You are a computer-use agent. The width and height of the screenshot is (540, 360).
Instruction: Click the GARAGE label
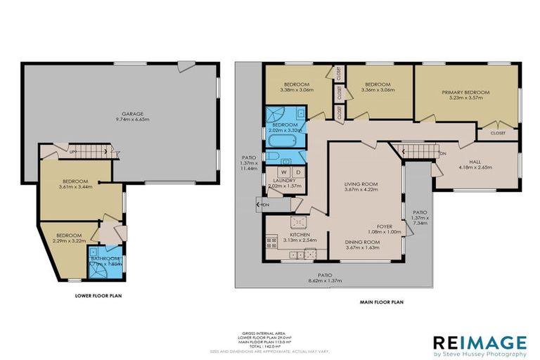coord(132,113)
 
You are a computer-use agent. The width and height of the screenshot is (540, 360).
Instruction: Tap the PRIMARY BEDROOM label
coord(465,92)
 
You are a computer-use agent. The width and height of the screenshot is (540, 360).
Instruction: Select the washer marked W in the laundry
coord(284,171)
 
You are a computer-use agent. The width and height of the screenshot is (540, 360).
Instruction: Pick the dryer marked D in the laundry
coord(297,171)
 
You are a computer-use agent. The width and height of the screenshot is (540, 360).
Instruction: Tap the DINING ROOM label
coord(362,242)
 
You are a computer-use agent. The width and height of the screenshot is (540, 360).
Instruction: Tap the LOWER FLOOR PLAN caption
coord(99,296)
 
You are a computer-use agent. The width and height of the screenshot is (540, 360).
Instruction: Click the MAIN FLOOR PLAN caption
coord(380,302)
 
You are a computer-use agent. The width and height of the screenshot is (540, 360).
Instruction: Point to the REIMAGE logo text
coord(480,342)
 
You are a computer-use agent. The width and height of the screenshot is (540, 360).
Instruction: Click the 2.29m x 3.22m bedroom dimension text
coord(69,240)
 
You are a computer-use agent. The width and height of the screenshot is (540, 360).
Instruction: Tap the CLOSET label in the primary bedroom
coord(497,131)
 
